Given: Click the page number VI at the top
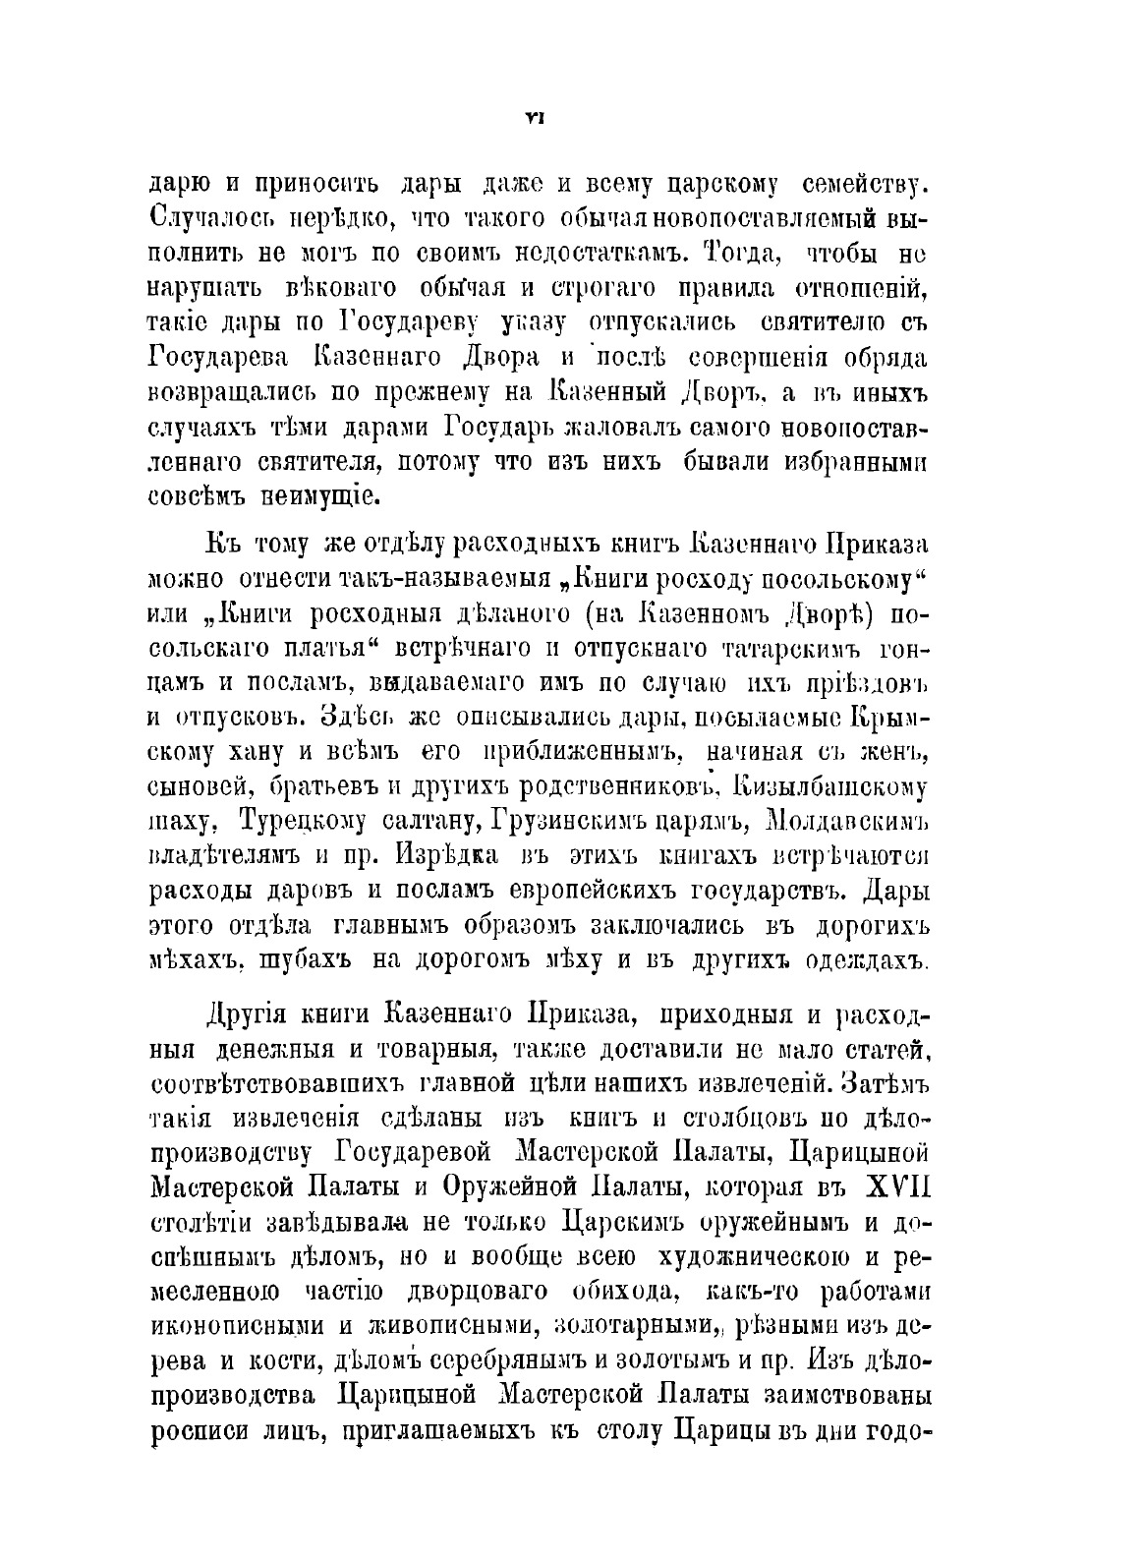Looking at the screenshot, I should [x=536, y=118].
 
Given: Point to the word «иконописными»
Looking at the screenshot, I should [x=238, y=1328].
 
